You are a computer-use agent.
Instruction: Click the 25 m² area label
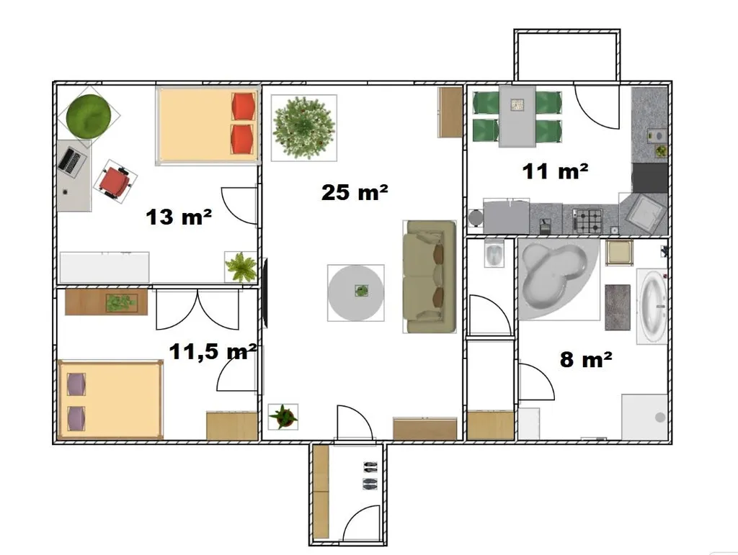coord(355,193)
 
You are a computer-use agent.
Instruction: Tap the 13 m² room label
coord(179,217)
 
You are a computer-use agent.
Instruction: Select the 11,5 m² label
coord(213,351)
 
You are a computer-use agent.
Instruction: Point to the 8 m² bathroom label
coord(586,359)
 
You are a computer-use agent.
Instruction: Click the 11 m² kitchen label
coord(556,171)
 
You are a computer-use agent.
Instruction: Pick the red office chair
coord(115,181)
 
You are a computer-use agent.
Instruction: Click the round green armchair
coord(89,116)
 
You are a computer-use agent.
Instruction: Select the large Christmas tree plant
coord(304,128)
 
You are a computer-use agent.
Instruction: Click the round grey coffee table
coord(356,293)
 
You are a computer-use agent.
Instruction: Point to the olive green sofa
coord(430,277)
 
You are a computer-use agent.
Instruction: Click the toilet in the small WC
coord(494,253)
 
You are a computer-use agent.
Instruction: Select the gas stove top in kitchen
coord(587,221)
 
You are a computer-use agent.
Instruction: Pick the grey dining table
coord(517,116)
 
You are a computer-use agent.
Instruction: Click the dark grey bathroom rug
coord(618,307)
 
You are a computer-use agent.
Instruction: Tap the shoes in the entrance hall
coord(370,475)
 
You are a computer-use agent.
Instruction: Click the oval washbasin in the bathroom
coord(652,307)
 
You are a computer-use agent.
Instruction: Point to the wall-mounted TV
coord(265,293)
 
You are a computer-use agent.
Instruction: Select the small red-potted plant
coord(283,416)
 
